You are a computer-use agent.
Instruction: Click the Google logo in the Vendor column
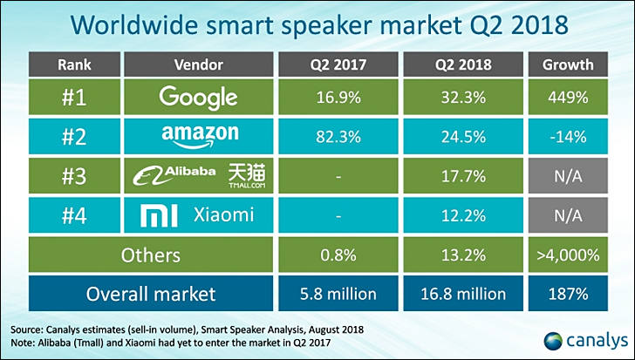[199, 97]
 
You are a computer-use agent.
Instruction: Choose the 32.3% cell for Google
[465, 98]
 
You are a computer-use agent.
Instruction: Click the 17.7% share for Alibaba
[465, 176]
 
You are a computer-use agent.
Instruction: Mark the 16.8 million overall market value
[465, 294]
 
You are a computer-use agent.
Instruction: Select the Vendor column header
[199, 65]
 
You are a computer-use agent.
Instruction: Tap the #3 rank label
[75, 176]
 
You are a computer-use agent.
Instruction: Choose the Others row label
[154, 255]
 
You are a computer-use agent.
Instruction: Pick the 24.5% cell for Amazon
[465, 137]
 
